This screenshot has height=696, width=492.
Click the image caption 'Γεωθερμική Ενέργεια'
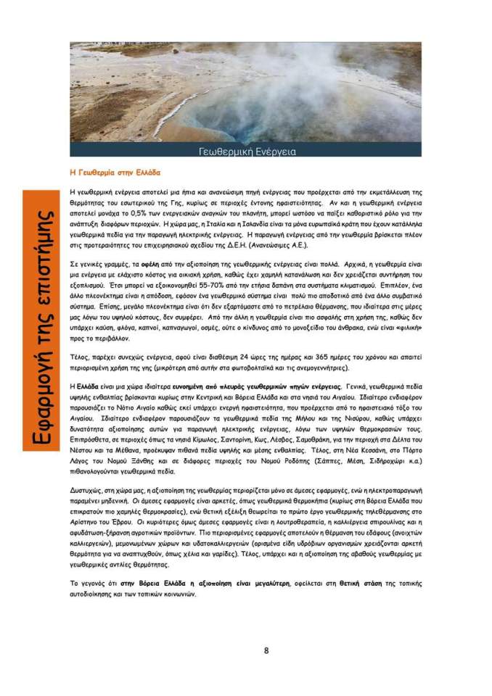tap(246, 152)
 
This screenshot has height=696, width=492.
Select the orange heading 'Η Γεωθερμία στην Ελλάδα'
tap(114, 173)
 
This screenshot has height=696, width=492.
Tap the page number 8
tap(266, 650)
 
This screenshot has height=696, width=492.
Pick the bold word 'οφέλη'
tap(152, 266)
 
